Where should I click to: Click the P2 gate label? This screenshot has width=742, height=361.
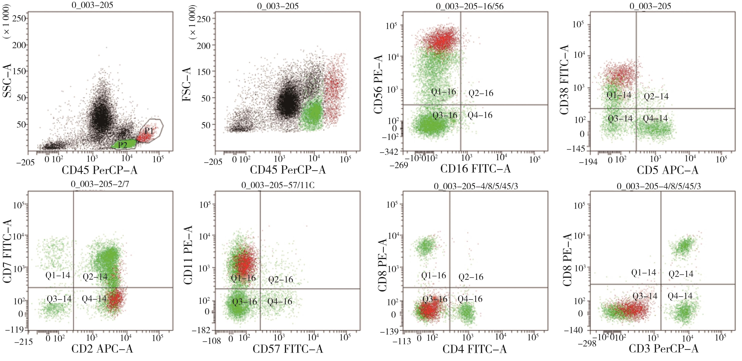coord(122,145)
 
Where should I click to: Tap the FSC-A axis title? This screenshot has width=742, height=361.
coord(187,84)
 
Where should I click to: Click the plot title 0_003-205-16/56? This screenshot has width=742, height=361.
coord(469,6)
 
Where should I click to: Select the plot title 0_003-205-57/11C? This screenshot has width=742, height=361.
coord(278,185)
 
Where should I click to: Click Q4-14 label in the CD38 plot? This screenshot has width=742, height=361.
coord(655,118)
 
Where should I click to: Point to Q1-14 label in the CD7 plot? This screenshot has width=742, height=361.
coord(58,276)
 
